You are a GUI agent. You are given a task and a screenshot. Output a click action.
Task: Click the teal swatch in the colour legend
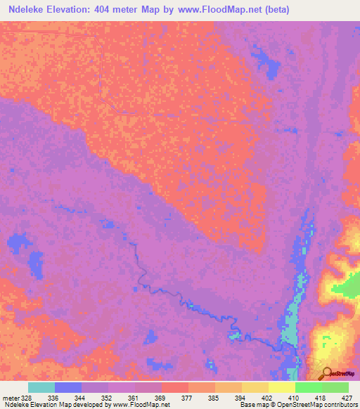41,387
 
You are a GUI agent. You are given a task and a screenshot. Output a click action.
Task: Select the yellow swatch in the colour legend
282,387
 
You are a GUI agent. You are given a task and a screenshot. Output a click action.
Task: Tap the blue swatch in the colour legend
68,387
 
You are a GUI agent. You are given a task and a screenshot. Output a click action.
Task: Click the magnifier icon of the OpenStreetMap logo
326,372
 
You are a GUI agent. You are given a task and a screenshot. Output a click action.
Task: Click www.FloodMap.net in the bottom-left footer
141,405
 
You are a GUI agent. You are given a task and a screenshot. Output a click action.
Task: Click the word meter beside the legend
10,398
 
